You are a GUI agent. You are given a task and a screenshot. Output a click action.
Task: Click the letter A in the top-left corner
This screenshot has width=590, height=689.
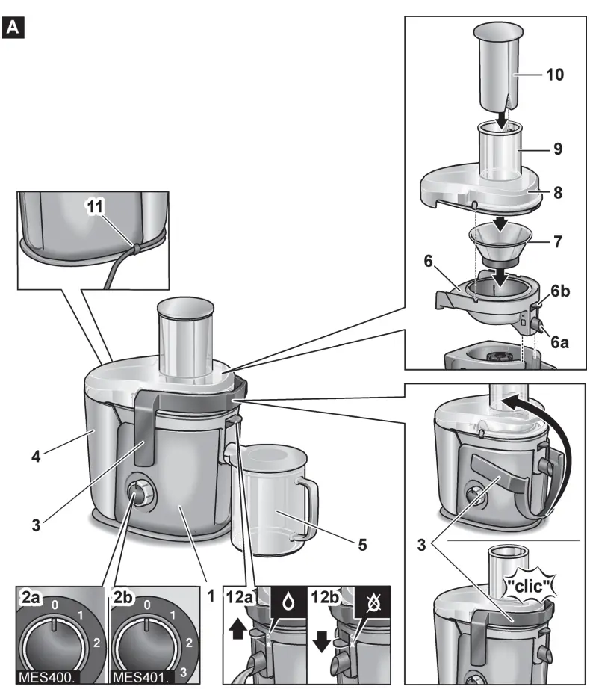(x=14, y=29)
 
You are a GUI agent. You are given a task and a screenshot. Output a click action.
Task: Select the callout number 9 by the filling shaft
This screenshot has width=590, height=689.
(x=553, y=149)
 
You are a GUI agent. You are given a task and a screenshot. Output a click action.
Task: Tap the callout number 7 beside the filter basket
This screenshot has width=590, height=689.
(x=556, y=242)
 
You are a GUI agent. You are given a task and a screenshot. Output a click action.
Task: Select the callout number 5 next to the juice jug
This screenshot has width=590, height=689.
(x=361, y=545)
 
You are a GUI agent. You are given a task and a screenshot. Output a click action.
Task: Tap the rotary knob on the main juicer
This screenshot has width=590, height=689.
(x=137, y=493)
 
